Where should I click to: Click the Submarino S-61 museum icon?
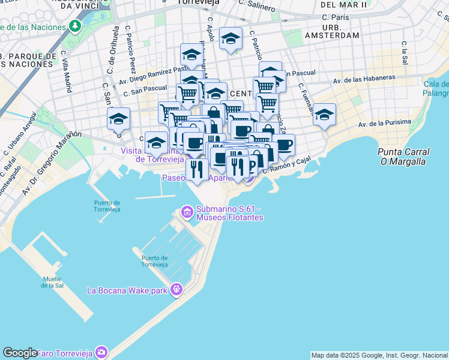click(x=186, y=212)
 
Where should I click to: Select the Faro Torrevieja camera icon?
click(x=102, y=352)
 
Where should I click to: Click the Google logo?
click(x=19, y=353)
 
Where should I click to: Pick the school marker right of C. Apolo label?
click(x=231, y=40)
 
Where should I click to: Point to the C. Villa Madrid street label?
click(x=67, y=71)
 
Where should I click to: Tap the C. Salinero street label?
click(x=256, y=7)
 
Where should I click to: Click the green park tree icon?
click(x=74, y=26)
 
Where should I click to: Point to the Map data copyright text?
click(x=379, y=355)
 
